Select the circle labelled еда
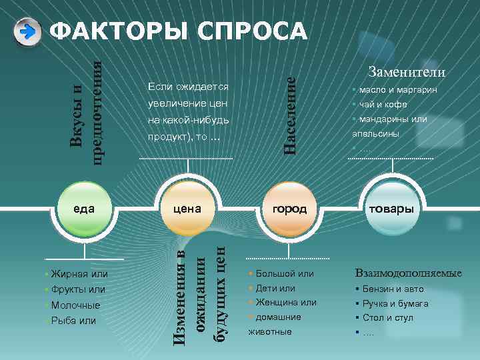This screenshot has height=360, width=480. tap(84, 208)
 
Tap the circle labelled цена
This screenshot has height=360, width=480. tap(187, 208)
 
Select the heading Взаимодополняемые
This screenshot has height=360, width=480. tap(409, 273)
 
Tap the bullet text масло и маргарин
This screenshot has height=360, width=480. tap(397, 89)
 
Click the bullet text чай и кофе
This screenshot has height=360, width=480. tap(383, 104)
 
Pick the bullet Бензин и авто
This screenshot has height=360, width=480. tap(393, 289)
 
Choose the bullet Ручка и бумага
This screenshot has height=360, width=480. tap(396, 303)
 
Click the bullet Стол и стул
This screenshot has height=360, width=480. tap(388, 317)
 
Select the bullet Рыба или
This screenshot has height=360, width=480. tap(73, 321)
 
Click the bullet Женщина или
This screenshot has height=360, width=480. tap(286, 302)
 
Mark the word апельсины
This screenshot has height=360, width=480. tap(376, 133)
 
